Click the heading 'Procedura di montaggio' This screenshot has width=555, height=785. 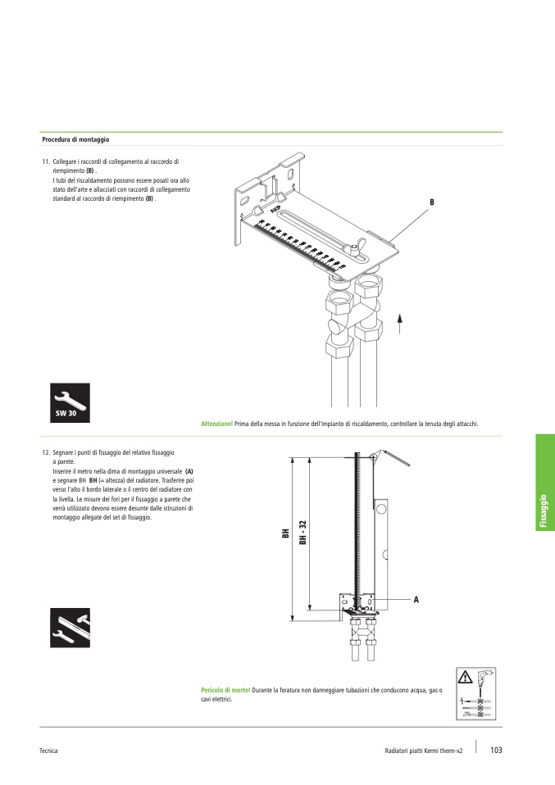tap(75, 140)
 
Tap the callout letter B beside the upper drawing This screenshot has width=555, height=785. tap(430, 202)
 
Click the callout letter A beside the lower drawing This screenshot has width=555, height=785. tap(416, 600)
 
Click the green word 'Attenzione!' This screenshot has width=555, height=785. tap(216, 424)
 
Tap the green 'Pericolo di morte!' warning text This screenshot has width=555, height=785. tap(225, 691)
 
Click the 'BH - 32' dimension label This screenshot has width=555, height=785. tap(303, 533)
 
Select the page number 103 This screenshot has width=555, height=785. tap(497, 751)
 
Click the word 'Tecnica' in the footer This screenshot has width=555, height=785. tap(48, 751)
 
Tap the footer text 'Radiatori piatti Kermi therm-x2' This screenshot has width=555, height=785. tap(424, 751)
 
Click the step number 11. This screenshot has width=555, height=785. tap(46, 162)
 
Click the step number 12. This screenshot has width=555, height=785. tap(46, 452)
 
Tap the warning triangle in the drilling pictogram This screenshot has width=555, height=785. tap(466, 677)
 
